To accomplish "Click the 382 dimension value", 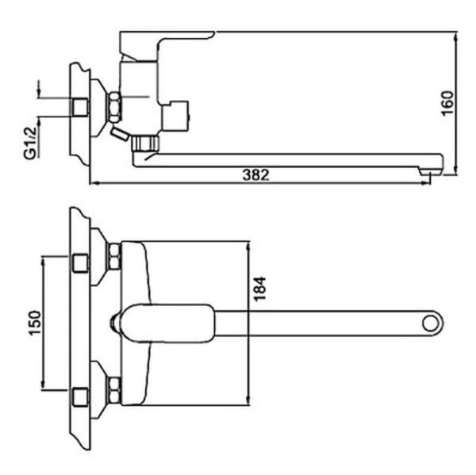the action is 255,174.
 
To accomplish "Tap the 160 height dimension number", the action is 447,103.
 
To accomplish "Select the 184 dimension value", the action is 259,289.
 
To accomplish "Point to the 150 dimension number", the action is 35,323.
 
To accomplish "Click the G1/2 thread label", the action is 30,143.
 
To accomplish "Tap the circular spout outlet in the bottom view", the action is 431,324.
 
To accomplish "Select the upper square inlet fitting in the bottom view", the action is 80,263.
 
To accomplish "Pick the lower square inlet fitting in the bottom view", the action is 80,397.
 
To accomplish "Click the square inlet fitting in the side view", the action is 80,107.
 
